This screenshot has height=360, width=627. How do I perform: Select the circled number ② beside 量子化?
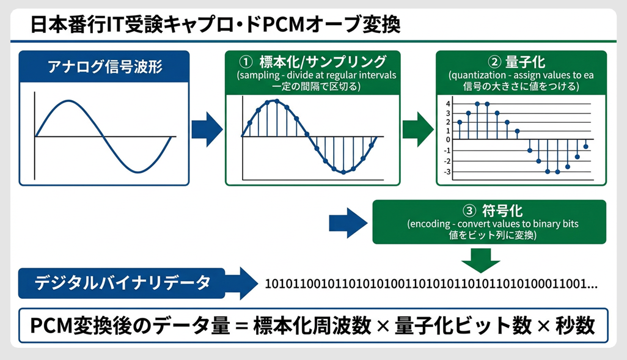[494, 63]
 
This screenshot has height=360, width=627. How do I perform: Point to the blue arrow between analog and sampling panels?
[207, 129]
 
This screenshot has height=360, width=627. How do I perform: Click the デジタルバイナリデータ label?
[122, 283]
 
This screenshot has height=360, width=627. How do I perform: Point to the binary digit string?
[431, 284]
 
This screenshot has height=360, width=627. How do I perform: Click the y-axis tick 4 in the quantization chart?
[448, 104]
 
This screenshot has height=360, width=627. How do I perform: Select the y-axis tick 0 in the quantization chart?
[448, 139]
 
